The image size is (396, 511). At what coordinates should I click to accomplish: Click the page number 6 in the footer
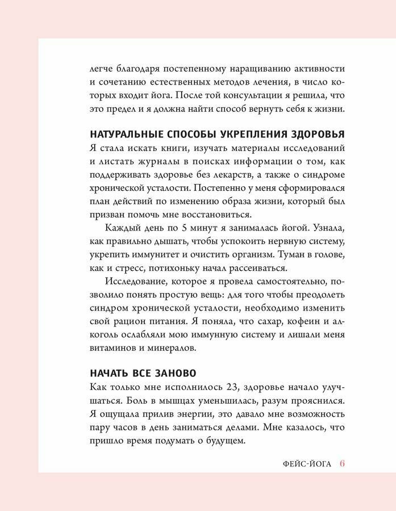[343, 463]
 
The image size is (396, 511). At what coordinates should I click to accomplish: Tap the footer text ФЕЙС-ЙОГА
[307, 464]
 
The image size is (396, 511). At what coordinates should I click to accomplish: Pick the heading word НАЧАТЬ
[106, 373]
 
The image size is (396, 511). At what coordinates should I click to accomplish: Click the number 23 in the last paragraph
[230, 387]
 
